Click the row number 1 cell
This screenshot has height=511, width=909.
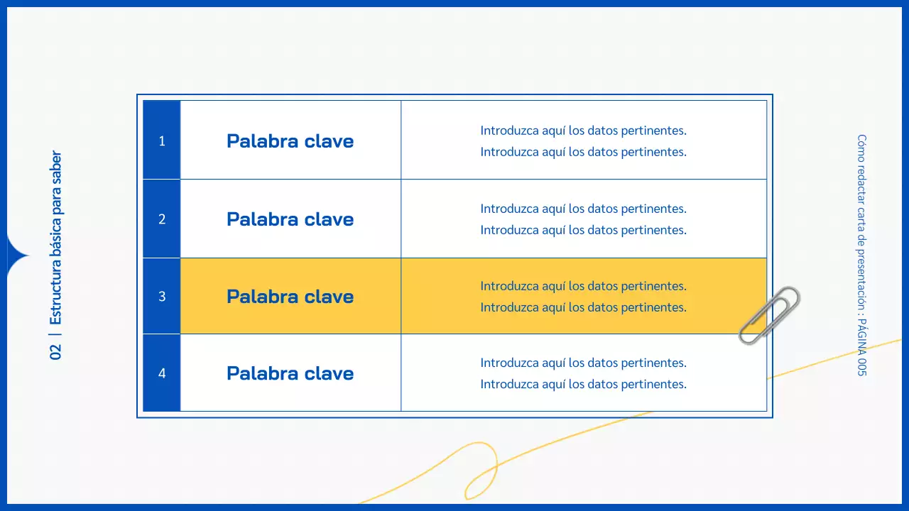point(162,141)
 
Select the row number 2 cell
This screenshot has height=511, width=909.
point(162,219)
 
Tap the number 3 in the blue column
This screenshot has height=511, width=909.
point(162,296)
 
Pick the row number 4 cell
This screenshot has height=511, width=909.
point(162,373)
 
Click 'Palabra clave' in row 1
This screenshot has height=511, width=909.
point(290,141)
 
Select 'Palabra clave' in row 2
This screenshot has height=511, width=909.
point(290,219)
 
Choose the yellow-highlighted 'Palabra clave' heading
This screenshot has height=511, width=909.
point(290,296)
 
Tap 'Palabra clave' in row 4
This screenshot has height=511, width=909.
point(290,373)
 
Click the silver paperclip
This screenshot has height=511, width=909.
point(769,314)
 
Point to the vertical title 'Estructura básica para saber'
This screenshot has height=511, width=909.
point(56,238)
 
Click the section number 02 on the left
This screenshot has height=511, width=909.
point(56,351)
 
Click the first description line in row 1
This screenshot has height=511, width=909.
point(583,131)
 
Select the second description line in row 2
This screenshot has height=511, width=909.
point(583,230)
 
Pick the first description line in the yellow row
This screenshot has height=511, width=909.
point(583,286)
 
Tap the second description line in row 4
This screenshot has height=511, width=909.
point(583,384)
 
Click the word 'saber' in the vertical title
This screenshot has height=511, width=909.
point(56,167)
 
